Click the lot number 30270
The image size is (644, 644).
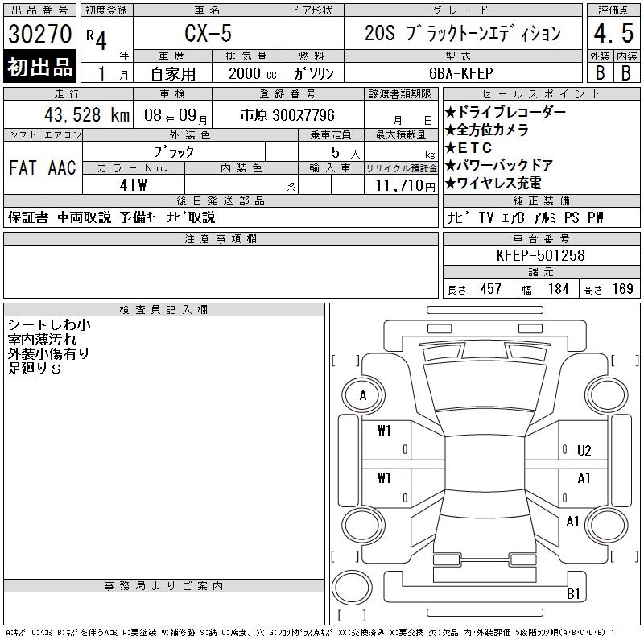pos(39,34)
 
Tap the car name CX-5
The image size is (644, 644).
pos(208,33)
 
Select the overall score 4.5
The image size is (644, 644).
pos(613,33)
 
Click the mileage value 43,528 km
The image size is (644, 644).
pos(87,115)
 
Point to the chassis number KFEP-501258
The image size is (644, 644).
pos(540,255)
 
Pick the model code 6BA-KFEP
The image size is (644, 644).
pos(460,73)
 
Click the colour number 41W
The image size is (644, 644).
pos(133,185)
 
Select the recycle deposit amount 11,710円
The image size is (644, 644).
pos(406,186)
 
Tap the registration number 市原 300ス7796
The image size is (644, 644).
pos(287,115)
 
